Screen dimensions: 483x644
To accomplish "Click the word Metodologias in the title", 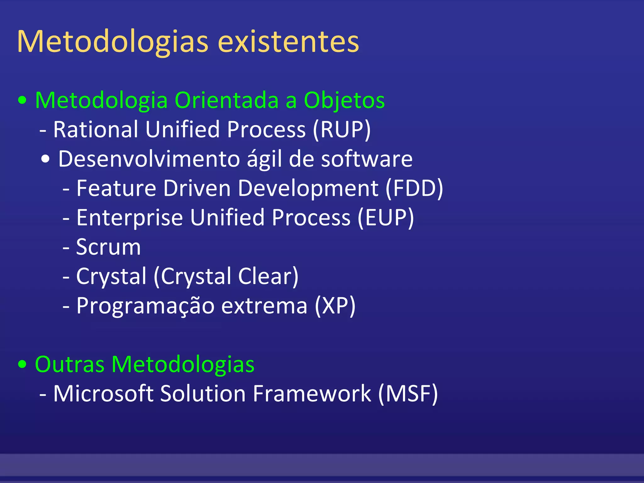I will click(113, 42).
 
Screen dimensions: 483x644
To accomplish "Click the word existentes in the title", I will click(288, 42).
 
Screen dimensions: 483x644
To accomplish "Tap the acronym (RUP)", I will click(342, 129).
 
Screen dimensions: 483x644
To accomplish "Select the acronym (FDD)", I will click(414, 188).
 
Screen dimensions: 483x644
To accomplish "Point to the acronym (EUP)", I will click(386, 218).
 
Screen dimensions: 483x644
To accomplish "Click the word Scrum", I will click(108, 247).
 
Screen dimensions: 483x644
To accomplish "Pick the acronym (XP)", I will click(335, 305).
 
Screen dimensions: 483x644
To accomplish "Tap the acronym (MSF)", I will click(408, 393).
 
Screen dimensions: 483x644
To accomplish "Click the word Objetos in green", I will click(344, 100).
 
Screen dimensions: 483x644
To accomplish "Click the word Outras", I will click(69, 364).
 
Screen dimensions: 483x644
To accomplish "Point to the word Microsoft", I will click(103, 393).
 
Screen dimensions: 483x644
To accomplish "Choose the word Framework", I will click(312, 393).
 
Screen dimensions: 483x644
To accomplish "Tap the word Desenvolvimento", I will click(149, 159).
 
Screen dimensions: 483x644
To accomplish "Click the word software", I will click(367, 159).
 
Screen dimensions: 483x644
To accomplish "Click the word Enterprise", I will click(130, 218).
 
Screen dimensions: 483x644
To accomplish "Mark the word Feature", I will click(116, 188).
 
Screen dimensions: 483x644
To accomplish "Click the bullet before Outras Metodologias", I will click(22, 365).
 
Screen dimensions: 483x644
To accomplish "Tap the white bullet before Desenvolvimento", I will click(45, 159).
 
